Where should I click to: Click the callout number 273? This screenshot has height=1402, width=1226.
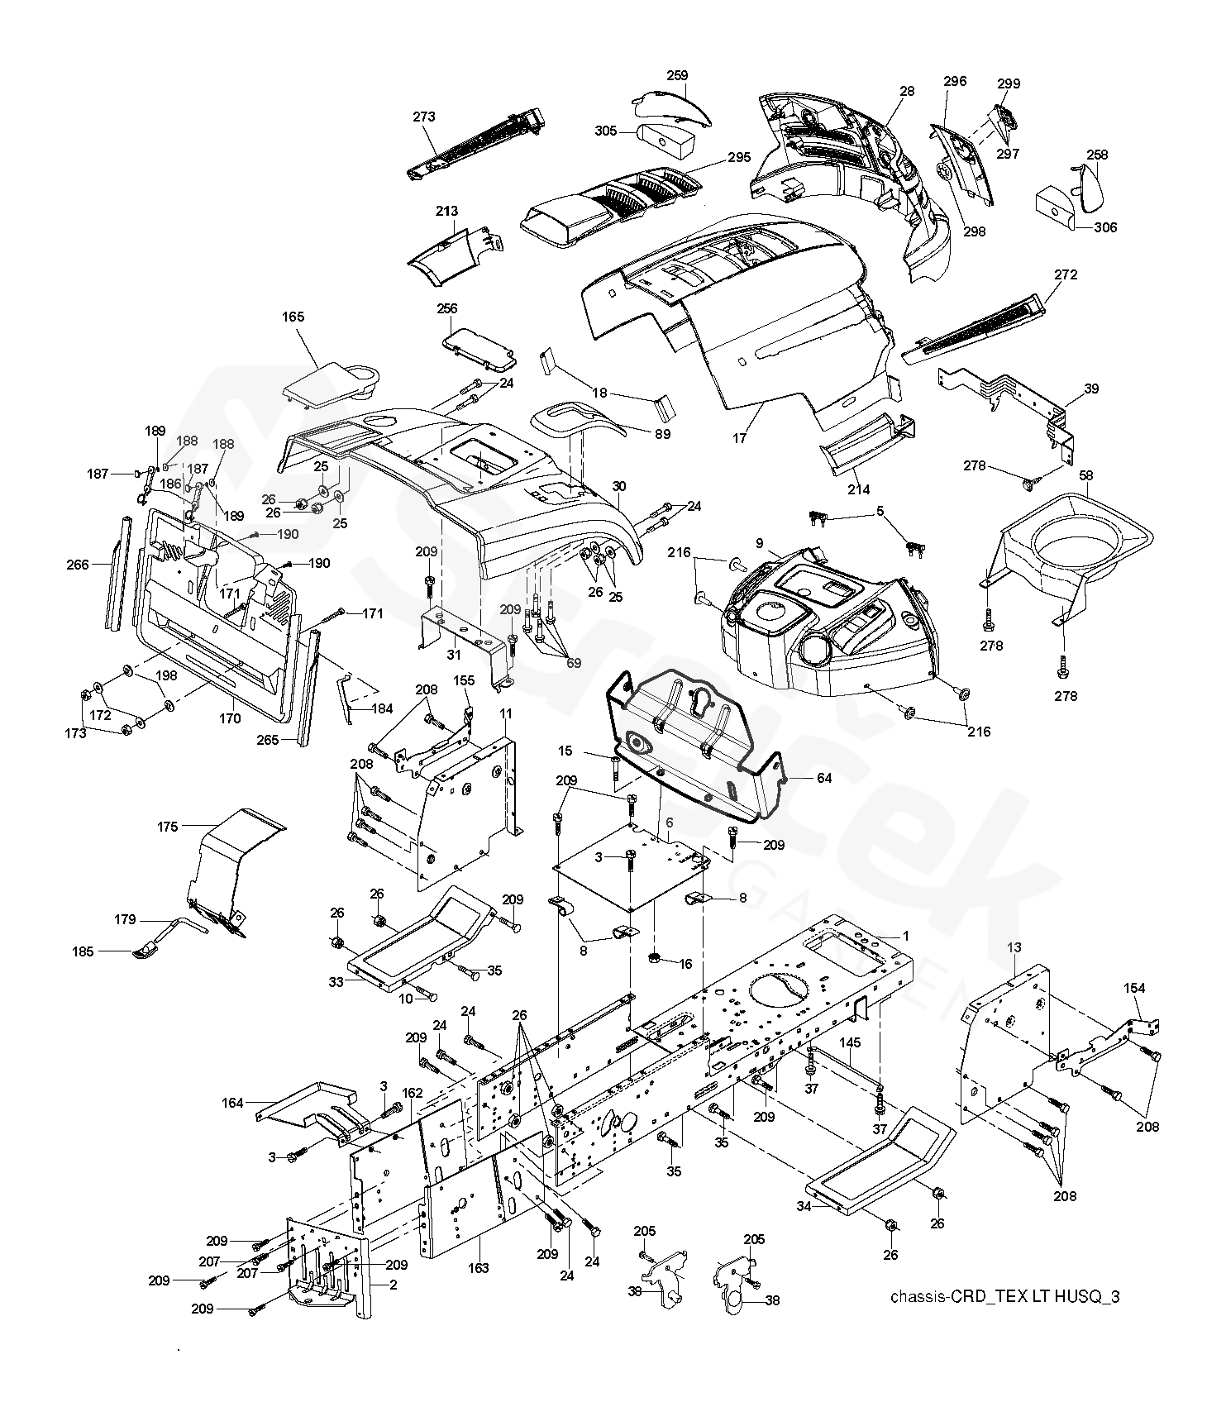click(x=423, y=117)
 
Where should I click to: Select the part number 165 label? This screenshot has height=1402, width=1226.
click(x=293, y=317)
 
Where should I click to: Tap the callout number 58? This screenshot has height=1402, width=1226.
click(x=1085, y=475)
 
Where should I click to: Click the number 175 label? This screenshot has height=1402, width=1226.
click(x=168, y=826)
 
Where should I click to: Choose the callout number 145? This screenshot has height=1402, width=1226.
click(x=850, y=1042)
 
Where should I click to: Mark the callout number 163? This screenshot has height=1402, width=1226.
click(x=479, y=1268)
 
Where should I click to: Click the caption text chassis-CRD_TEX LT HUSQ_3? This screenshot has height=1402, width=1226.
click(x=1004, y=1296)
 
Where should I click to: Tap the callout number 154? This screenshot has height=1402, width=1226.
click(x=1134, y=989)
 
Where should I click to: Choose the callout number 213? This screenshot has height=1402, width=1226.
click(x=446, y=212)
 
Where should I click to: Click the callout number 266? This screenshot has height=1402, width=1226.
click(x=78, y=565)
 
